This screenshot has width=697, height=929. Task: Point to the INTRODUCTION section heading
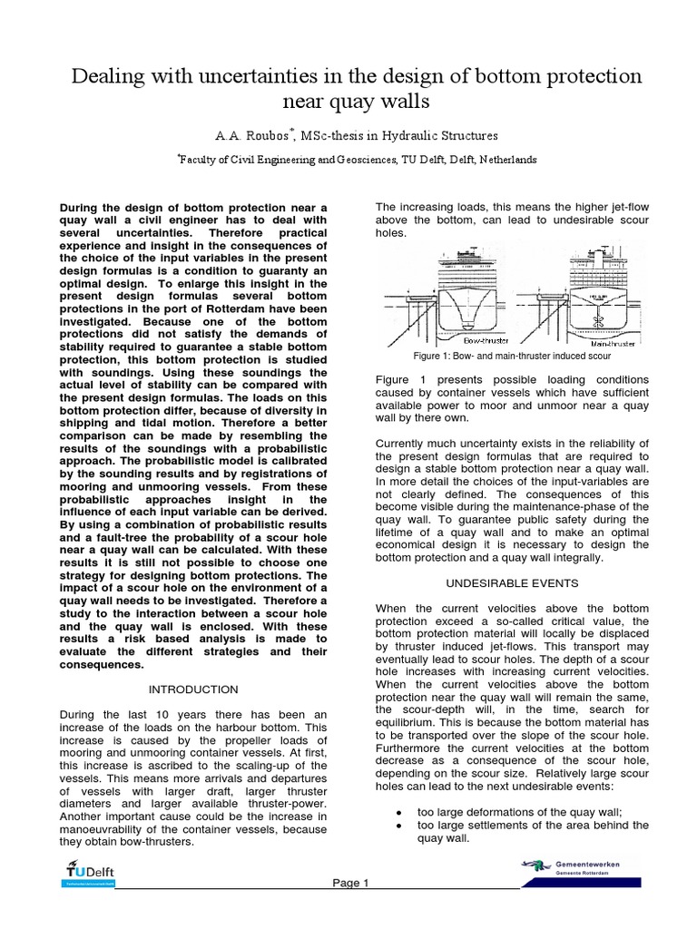pos(192,689)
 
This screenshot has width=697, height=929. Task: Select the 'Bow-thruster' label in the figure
pos(485,341)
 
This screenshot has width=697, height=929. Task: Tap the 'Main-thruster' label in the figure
pos(613,344)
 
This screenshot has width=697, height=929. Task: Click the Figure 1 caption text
pos(512,356)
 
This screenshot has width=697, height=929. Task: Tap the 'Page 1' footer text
pos(350,883)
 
